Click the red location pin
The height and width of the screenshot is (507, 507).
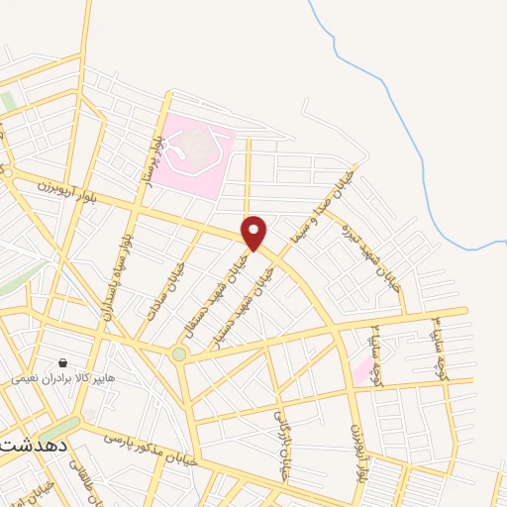pos(254,233)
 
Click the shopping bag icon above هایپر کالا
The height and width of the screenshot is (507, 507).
pos(63,363)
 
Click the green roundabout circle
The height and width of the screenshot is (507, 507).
pos(178,354)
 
